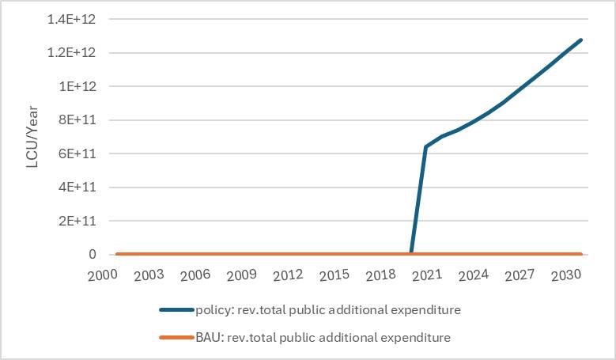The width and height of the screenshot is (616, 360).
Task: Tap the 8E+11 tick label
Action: click(x=79, y=120)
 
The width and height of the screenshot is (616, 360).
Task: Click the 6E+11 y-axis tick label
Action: click(x=79, y=153)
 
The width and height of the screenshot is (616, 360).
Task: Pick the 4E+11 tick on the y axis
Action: click(x=79, y=188)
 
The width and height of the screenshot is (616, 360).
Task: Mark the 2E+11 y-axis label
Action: click(x=79, y=221)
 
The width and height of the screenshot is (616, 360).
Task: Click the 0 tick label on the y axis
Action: click(x=92, y=255)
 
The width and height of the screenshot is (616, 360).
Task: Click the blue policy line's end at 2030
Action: click(x=581, y=40)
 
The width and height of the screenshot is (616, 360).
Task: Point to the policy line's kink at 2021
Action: click(x=426, y=147)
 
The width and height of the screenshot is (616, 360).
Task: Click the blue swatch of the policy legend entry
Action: click(x=176, y=310)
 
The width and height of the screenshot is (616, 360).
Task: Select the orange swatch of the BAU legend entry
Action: click(x=176, y=337)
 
